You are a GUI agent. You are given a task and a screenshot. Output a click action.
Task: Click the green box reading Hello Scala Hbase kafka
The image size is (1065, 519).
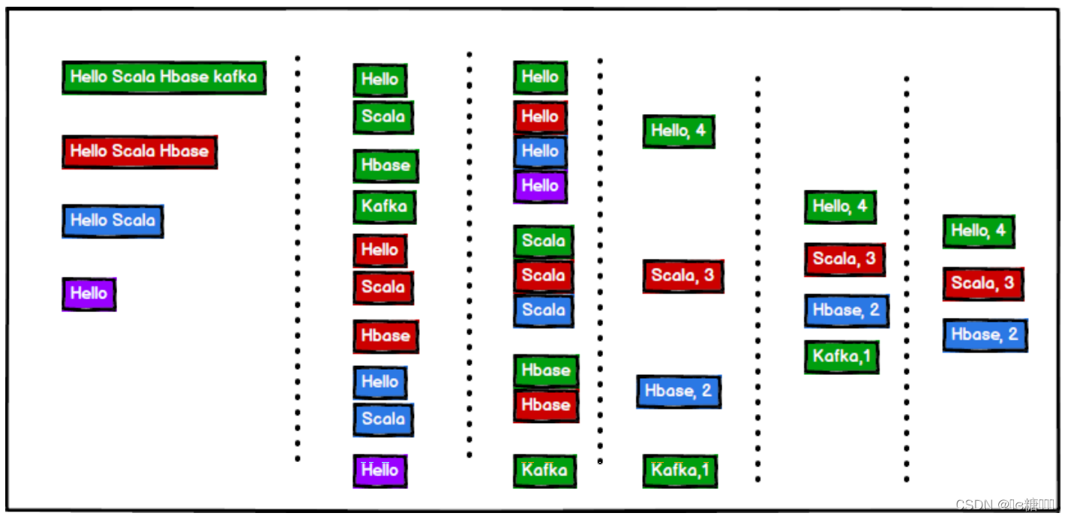point(163,77)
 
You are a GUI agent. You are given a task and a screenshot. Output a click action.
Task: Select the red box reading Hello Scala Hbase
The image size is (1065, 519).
point(139,151)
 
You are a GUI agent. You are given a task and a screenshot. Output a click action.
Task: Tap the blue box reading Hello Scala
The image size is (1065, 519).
point(112,220)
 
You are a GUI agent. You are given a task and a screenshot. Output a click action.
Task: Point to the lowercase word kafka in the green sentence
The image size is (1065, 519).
point(235,76)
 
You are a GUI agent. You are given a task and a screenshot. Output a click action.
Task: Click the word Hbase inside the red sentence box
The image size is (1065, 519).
point(184,151)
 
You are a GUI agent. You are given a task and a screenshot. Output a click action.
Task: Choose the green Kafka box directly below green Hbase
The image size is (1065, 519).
point(384,207)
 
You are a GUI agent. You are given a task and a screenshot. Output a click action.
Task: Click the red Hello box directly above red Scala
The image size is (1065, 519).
point(379,250)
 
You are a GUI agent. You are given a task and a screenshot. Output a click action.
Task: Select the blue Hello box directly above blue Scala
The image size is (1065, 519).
point(379,382)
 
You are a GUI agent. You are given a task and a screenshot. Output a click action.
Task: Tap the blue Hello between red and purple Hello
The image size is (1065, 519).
point(540,151)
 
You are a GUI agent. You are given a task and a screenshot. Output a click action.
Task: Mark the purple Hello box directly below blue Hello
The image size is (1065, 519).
point(540,186)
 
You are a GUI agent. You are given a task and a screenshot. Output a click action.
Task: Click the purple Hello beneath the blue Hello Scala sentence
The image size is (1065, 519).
point(88,293)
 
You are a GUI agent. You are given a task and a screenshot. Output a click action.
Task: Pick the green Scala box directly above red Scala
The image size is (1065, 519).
point(543,241)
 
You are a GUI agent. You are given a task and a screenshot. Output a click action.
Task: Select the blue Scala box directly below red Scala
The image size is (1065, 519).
point(543,310)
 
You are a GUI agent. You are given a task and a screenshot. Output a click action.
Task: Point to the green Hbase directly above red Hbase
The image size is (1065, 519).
point(545,370)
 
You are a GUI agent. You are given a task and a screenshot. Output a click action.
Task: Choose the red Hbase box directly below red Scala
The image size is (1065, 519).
point(385,336)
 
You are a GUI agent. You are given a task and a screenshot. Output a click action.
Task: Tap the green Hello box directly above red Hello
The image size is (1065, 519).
point(540,77)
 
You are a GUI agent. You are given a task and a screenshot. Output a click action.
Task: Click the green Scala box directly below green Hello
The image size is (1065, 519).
point(382,117)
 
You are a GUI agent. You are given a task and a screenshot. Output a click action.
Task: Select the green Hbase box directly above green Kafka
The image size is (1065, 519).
point(385,166)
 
